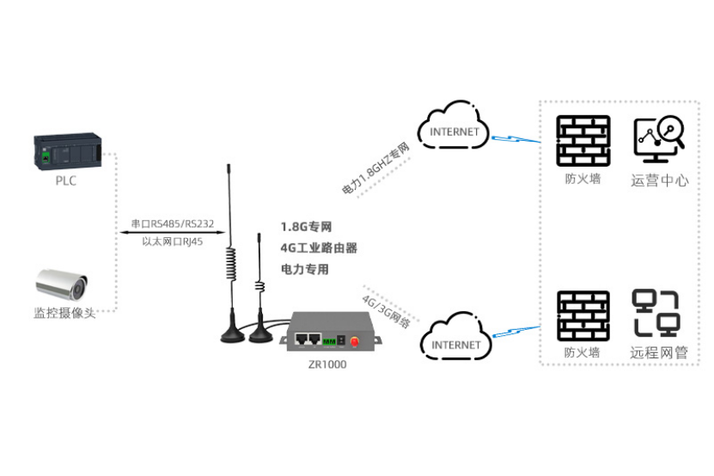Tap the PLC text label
(66, 181)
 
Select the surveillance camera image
(62, 283)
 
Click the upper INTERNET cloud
(454, 130)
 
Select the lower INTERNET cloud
(456, 342)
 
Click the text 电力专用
(305, 270)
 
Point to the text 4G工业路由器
(319, 248)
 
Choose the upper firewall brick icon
(583, 140)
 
